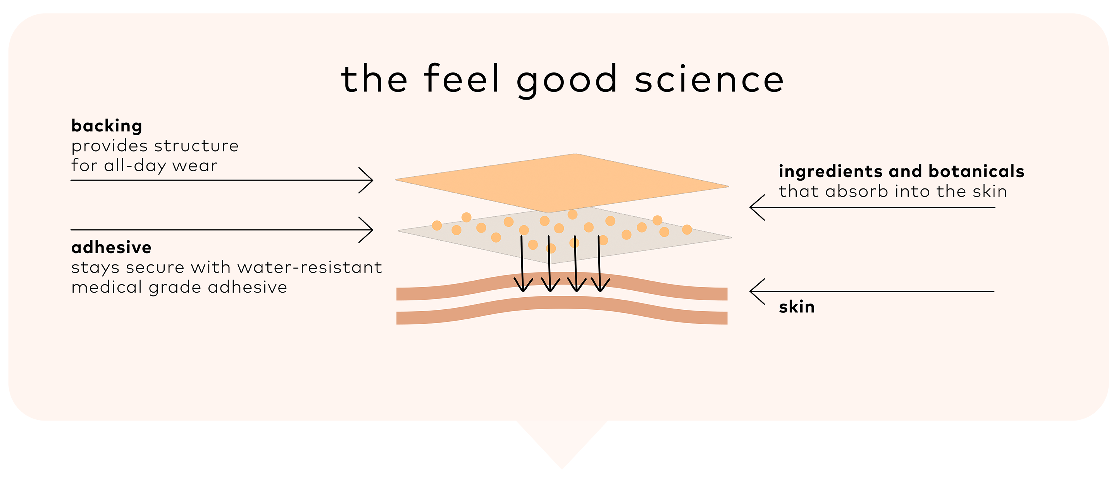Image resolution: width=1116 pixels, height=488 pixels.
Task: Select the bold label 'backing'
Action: (107, 126)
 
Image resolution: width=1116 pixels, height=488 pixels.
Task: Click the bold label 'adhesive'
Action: (111, 247)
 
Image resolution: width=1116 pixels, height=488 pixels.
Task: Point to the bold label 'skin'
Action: (796, 307)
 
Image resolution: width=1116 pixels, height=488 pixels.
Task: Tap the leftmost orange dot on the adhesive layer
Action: (437, 225)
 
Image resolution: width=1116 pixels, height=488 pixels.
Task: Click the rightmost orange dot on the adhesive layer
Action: (687, 230)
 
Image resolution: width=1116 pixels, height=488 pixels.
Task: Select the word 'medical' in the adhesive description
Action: (107, 287)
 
